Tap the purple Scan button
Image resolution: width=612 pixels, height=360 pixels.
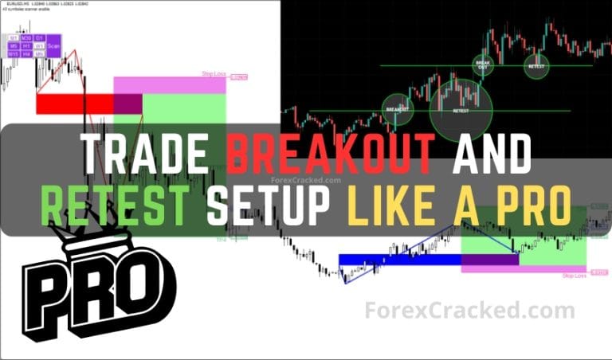click(x=53, y=45)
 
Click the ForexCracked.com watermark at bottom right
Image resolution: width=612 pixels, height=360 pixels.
click(x=469, y=311)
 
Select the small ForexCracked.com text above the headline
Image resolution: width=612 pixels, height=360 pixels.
click(x=307, y=181)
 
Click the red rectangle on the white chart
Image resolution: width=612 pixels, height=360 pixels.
click(x=75, y=104)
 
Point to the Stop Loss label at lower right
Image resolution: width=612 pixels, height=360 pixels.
click(x=574, y=276)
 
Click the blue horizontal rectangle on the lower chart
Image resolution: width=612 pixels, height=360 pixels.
click(x=399, y=259)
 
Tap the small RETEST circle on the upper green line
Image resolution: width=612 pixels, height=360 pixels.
click(x=536, y=65)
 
